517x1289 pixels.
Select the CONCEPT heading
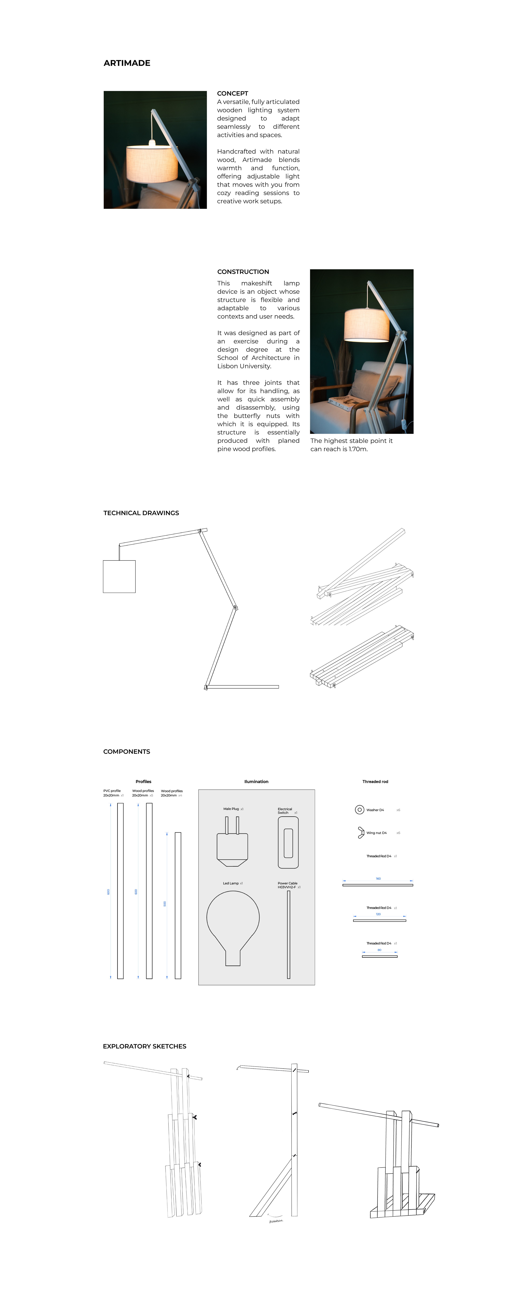233,94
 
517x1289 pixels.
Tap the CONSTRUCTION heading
243,272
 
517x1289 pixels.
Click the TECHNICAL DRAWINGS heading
141,513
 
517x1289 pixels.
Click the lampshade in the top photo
152,163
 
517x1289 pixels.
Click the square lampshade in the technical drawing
119,576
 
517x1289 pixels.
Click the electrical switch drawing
288,843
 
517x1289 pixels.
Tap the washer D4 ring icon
359,810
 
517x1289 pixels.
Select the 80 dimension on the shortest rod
380,950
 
